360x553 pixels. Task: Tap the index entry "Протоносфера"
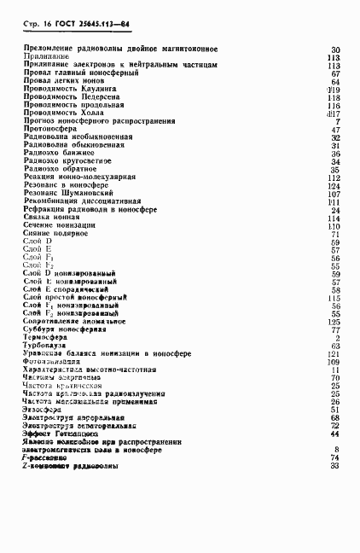(x=50, y=129)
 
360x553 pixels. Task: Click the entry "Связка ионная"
(x=50, y=217)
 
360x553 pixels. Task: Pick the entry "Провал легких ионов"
(x=65, y=81)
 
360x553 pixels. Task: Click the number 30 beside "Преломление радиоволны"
(x=336, y=49)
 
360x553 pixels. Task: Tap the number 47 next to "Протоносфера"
(x=336, y=129)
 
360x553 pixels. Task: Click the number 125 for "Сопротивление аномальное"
(x=334, y=321)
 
